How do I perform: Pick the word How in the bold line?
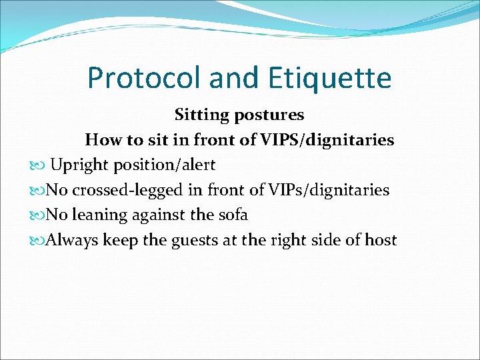[101, 140]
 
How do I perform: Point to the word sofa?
[233, 215]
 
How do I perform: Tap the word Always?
[73, 239]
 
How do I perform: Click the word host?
[381, 239]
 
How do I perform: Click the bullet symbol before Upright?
[39, 165]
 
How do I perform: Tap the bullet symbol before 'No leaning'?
[39, 215]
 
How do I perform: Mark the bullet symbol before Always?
[39, 240]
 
